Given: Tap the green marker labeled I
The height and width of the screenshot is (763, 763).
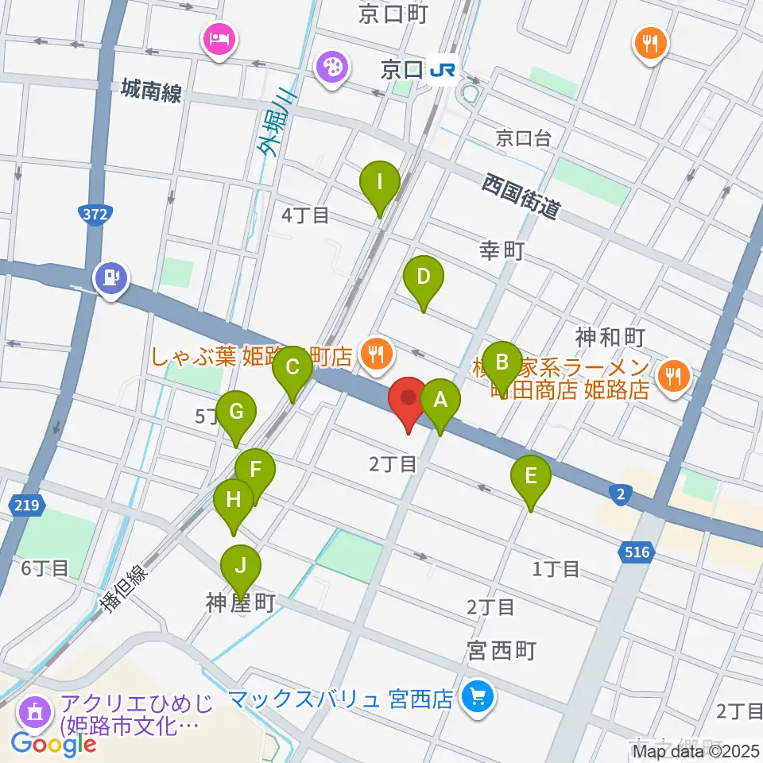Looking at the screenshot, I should tap(380, 184).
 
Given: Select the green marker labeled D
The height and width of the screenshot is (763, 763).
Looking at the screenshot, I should tap(423, 279).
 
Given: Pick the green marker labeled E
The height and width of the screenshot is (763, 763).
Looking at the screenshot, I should tap(531, 478).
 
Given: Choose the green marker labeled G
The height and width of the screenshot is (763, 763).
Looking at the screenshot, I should tap(236, 412).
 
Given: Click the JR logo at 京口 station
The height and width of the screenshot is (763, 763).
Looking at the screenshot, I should tap(443, 72).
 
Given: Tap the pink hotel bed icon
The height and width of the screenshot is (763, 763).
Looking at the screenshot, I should tap(219, 39).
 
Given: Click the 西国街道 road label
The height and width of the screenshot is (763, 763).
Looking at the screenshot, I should tap(522, 196).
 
